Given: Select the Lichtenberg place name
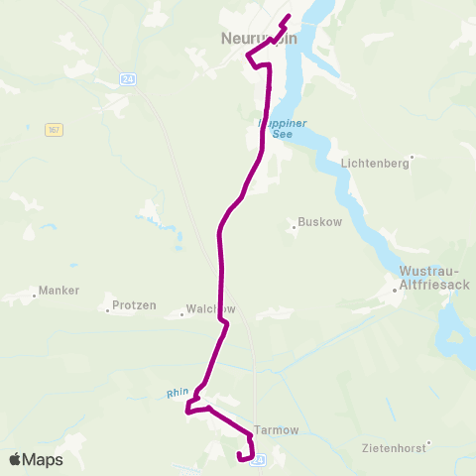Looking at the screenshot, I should pos(374,164).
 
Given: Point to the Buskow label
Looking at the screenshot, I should pos(319,222).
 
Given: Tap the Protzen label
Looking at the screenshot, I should pos(134,305).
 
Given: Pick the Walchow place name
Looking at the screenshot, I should pos(210,308).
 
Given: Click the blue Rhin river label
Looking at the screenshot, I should pos(178,394).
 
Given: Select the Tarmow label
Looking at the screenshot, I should pos(277,430).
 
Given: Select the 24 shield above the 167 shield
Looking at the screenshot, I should pos(125,78).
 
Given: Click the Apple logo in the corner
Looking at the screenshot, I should pos(15,460).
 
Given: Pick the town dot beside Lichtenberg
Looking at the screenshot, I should pos(412,156).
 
